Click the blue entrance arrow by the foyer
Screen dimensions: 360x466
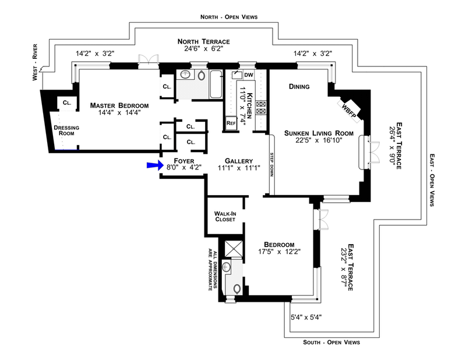tap(153, 166)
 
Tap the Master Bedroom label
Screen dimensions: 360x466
tap(119, 105)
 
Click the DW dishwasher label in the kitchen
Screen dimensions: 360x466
tap(249, 75)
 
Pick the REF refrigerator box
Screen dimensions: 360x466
tap(231, 123)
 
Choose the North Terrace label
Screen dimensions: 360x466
tap(204, 42)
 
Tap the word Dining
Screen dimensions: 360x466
tap(299, 87)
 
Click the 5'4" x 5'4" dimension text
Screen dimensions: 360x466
tap(306, 317)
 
